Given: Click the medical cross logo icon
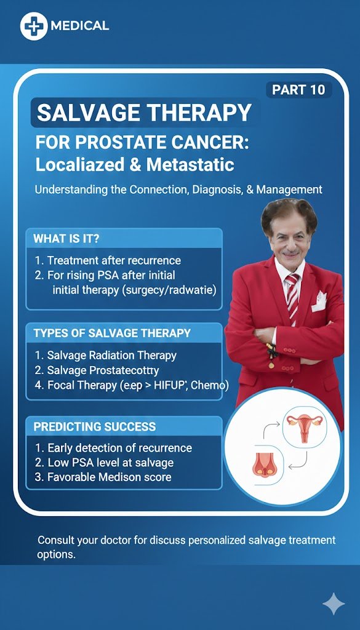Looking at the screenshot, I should [34, 26].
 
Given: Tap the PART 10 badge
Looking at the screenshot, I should [298, 90].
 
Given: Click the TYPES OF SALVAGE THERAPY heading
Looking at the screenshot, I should [112, 333].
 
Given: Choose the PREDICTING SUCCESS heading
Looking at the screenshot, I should [95, 426].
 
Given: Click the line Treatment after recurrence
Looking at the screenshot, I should [114, 260].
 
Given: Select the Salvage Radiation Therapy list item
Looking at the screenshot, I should [111, 355].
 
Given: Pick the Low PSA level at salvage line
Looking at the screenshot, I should [110, 463].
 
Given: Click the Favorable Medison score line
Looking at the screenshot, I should [109, 477].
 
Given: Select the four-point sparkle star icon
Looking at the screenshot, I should [334, 605].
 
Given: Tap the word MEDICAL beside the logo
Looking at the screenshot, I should [81, 26].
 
